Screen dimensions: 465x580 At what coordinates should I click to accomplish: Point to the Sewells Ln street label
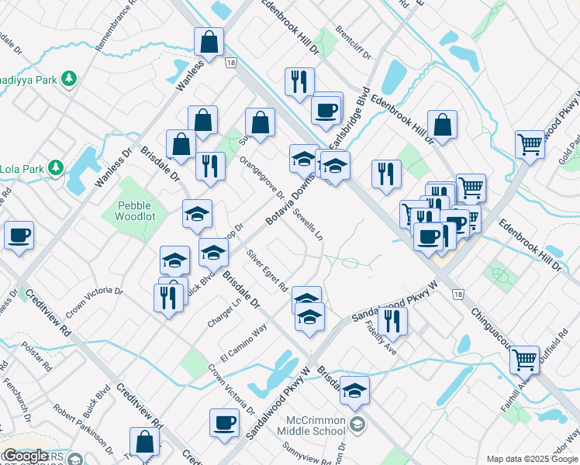tap(307, 225)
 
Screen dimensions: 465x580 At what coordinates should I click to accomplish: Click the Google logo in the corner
tap(26, 456)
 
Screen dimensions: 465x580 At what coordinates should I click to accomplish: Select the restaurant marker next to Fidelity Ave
tap(395, 320)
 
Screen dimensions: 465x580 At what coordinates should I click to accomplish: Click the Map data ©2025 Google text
tap(531, 459)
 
